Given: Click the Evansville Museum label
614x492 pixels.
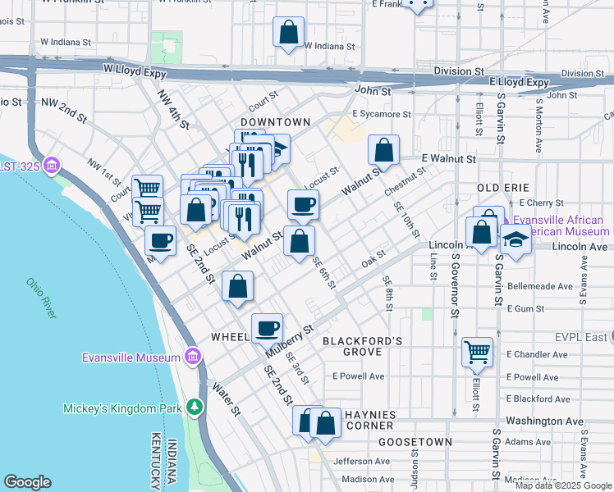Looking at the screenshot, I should point(131,357).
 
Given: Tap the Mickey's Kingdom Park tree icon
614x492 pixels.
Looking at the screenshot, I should point(194,408).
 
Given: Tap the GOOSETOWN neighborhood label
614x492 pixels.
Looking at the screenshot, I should point(415,442).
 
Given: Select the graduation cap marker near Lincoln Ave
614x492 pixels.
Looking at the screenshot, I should point(515,239).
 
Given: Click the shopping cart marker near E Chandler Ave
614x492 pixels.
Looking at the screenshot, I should point(477,351).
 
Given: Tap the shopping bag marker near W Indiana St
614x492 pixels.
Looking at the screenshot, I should point(289,34).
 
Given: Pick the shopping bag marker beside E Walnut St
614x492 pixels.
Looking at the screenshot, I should point(383,151).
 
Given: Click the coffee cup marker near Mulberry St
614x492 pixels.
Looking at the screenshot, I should point(267,328).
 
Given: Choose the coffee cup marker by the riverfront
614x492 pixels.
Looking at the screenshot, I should point(160,240).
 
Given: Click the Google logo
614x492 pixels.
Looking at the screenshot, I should point(28,482).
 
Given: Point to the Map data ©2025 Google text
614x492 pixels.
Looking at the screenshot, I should point(563,485).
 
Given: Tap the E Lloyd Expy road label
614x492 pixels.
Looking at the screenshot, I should point(518,82).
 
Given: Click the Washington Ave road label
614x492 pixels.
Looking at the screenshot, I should point(544,421).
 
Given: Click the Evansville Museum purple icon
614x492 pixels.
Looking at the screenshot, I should point(192,357).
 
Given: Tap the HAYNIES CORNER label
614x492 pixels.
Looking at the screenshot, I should point(374,420).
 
